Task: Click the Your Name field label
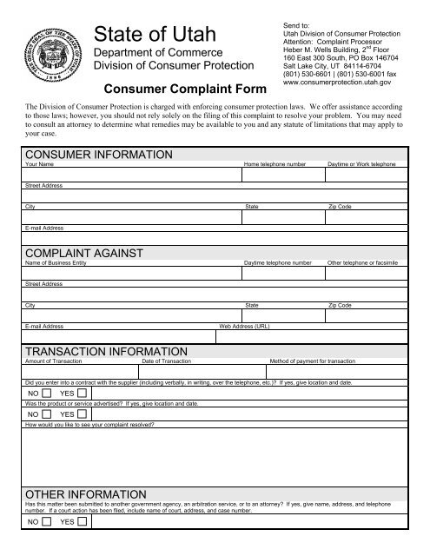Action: pos(41,163)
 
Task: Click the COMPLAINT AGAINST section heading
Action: pos(84,252)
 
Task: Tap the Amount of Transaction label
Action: pos(54,360)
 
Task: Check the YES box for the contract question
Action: pos(82,394)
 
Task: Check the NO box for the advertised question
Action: pos(46,414)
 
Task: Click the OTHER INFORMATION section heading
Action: pos(85,493)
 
